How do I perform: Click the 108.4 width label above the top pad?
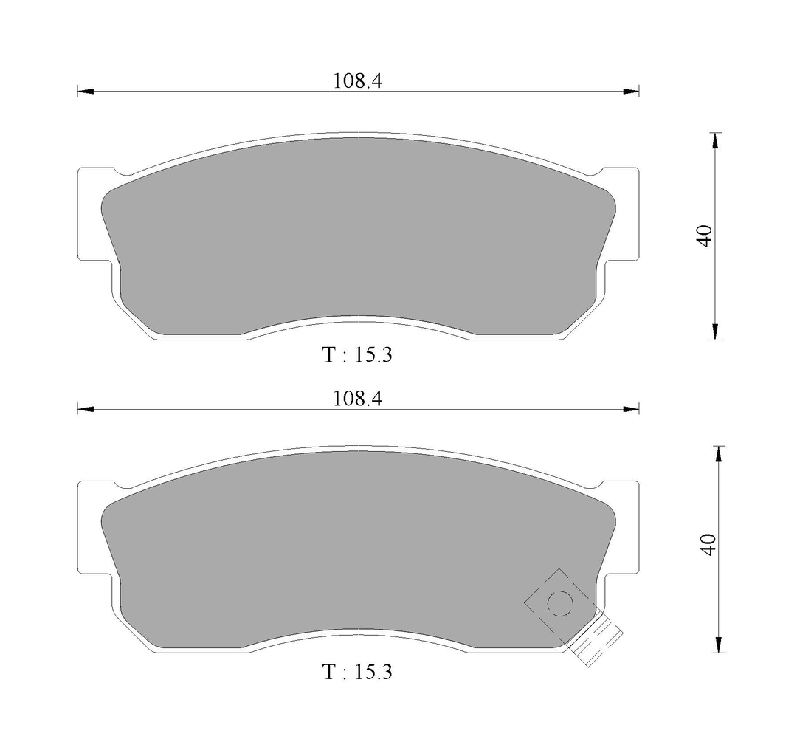[357, 80]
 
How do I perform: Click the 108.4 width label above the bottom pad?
[357, 399]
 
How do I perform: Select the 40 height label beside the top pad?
[705, 236]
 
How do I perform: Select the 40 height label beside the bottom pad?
[708, 544]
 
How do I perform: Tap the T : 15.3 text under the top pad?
[358, 355]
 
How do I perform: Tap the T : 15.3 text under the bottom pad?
[358, 672]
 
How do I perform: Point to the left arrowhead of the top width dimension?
[86, 92]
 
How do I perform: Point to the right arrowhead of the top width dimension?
[631, 92]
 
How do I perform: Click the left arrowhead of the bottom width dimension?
[86, 409]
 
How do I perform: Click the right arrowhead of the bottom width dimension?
[631, 409]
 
